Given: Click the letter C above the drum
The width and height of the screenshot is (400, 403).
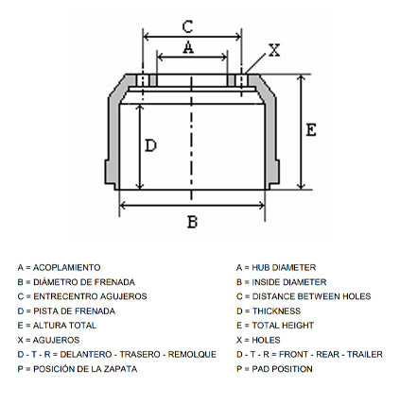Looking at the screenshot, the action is pyautogui.click(x=187, y=26).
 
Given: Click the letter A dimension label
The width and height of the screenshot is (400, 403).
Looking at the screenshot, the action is pyautogui.click(x=188, y=47).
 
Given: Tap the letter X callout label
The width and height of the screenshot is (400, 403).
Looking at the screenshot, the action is pyautogui.click(x=274, y=50).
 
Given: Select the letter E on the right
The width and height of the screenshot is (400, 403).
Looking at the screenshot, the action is pyautogui.click(x=311, y=130).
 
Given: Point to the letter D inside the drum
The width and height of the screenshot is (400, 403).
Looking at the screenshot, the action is pyautogui.click(x=150, y=145).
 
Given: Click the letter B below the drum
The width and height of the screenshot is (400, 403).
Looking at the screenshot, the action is pyautogui.click(x=192, y=222).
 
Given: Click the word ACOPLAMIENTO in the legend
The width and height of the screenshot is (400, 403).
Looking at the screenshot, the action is pyautogui.click(x=67, y=268).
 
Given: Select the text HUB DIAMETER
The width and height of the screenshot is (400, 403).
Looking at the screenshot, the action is pyautogui.click(x=284, y=268).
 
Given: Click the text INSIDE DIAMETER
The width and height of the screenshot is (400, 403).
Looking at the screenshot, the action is pyautogui.click(x=289, y=282).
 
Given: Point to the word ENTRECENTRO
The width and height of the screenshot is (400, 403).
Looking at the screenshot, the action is pyautogui.click(x=65, y=296).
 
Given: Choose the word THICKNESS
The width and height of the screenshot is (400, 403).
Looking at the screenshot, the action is pyautogui.click(x=276, y=311).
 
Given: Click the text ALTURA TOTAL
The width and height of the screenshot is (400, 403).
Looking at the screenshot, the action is pyautogui.click(x=64, y=326).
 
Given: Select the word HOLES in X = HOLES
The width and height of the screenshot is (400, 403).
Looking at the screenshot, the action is pyautogui.click(x=266, y=340).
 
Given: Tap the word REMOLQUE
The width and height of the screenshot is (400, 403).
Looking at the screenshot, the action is pyautogui.click(x=192, y=355).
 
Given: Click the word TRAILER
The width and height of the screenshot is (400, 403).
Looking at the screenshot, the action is pyautogui.click(x=365, y=355).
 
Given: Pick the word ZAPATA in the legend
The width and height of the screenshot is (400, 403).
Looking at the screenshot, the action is pyautogui.click(x=120, y=369).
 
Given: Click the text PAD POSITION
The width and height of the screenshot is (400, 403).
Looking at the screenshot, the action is pyautogui.click(x=282, y=369).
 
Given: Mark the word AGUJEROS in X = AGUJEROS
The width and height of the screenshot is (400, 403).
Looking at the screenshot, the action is pyautogui.click(x=56, y=340).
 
